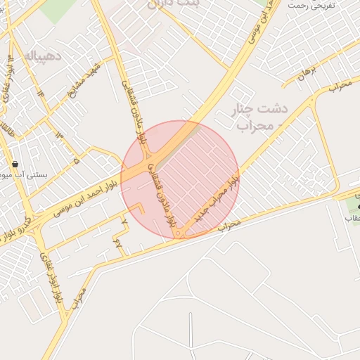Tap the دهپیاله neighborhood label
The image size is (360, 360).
(x=44, y=54)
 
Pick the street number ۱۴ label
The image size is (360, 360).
(x=40, y=92)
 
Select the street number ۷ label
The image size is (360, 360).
(x=124, y=221)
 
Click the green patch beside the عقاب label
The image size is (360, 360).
(x=352, y=205)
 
